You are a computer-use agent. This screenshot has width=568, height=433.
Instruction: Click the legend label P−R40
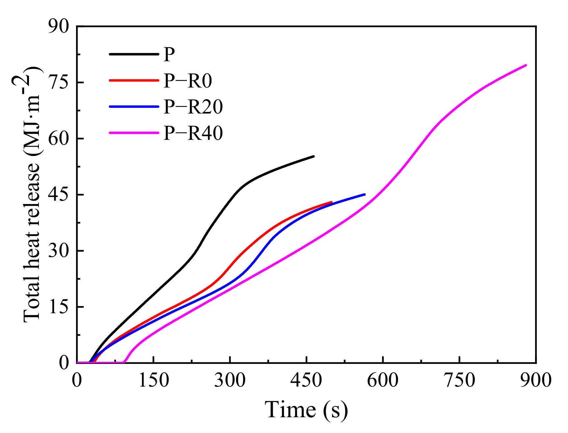point(193,134)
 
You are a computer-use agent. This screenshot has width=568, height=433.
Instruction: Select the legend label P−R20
point(193,107)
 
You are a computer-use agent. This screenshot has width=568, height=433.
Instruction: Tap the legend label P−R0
point(187,81)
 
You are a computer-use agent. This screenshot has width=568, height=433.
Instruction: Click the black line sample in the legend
point(133,54)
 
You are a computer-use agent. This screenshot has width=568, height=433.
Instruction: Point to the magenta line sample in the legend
point(133,133)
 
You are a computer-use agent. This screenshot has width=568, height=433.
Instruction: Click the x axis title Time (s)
point(306,410)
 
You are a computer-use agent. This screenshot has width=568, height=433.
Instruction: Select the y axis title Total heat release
point(32,194)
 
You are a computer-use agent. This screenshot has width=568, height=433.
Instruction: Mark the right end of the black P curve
point(314,156)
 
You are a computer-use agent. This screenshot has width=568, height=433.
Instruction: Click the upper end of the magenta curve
point(526,65)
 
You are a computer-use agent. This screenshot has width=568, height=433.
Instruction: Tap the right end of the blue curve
point(365,194)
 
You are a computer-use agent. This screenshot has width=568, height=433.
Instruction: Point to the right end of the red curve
point(331,202)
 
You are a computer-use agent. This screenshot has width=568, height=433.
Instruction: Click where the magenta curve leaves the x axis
point(124,362)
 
